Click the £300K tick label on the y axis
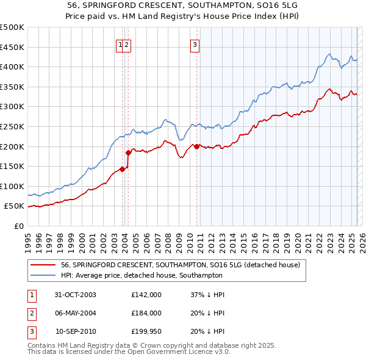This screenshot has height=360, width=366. point(12,107)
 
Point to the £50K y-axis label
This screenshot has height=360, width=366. point(15,206)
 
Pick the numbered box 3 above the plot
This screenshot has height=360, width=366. point(195,44)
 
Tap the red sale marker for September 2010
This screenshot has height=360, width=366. point(197,146)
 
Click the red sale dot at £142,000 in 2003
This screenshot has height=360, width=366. point(123,169)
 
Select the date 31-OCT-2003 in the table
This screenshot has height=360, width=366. point(76,295)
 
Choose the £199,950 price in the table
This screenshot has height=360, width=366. point(146,331)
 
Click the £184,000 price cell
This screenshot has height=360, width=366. point(146,313)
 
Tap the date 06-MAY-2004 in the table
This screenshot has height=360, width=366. point(76,313)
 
